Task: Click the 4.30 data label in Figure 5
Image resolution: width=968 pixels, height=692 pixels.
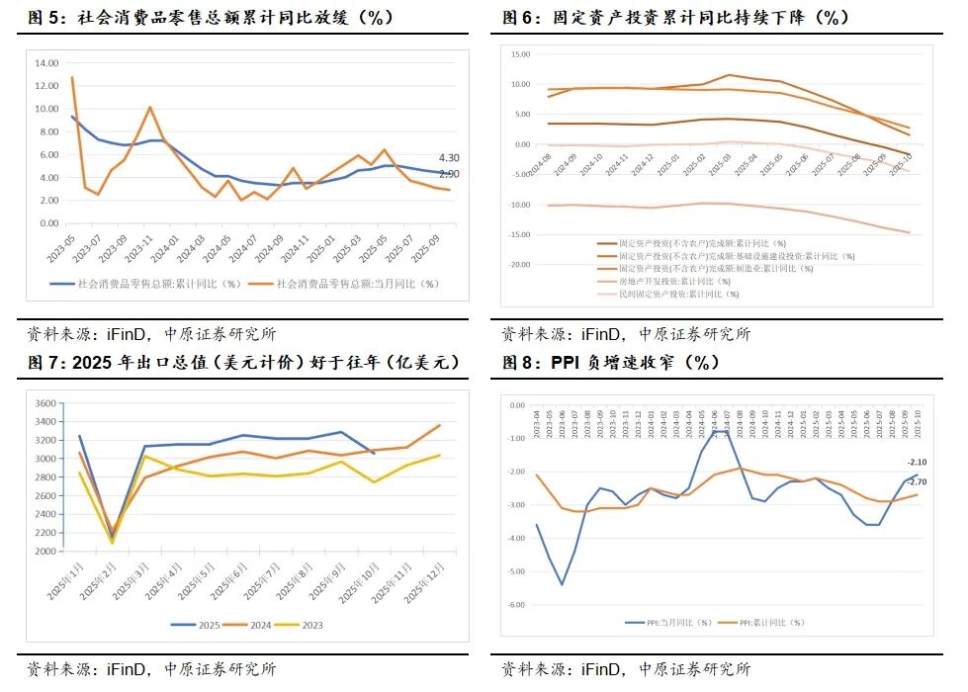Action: (449, 158)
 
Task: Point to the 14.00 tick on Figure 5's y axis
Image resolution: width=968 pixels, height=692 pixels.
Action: (46, 62)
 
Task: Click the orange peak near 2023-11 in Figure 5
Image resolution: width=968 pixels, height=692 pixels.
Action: (149, 107)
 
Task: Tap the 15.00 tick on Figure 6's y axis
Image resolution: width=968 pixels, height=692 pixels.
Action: (520, 52)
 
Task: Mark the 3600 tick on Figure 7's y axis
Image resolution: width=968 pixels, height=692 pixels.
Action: (46, 403)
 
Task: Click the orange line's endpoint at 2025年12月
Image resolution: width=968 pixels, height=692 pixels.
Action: (441, 426)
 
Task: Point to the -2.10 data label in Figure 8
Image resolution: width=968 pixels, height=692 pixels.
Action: (917, 463)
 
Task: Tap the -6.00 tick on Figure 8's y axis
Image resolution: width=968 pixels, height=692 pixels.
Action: (515, 605)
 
